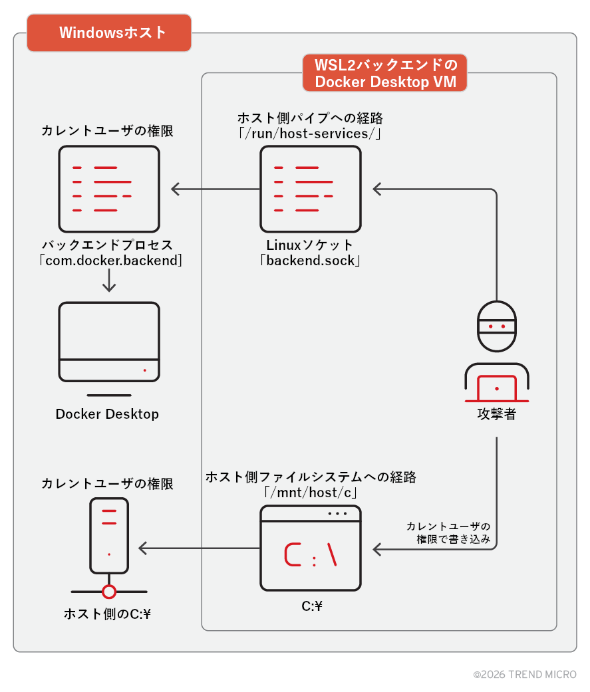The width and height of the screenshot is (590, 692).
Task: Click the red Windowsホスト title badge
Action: point(109,33)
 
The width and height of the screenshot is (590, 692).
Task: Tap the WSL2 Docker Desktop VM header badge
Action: point(384,73)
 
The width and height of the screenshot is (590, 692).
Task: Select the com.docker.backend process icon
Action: point(109,189)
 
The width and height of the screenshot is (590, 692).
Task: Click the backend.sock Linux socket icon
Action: point(311,189)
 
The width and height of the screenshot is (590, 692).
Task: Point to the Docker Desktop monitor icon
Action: point(109,342)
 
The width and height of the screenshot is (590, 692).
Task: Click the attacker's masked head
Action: point(497,326)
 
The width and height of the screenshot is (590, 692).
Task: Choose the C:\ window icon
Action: point(311,548)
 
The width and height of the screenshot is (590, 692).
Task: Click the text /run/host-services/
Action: point(310,134)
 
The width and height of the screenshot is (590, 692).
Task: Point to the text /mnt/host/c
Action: point(311,493)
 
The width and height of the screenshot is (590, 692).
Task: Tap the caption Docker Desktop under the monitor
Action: point(107,414)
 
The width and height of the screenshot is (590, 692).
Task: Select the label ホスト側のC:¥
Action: point(107,614)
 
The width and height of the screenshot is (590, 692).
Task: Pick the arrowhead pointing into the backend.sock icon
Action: point(377,189)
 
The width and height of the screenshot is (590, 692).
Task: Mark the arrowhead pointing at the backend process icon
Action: point(176,189)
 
